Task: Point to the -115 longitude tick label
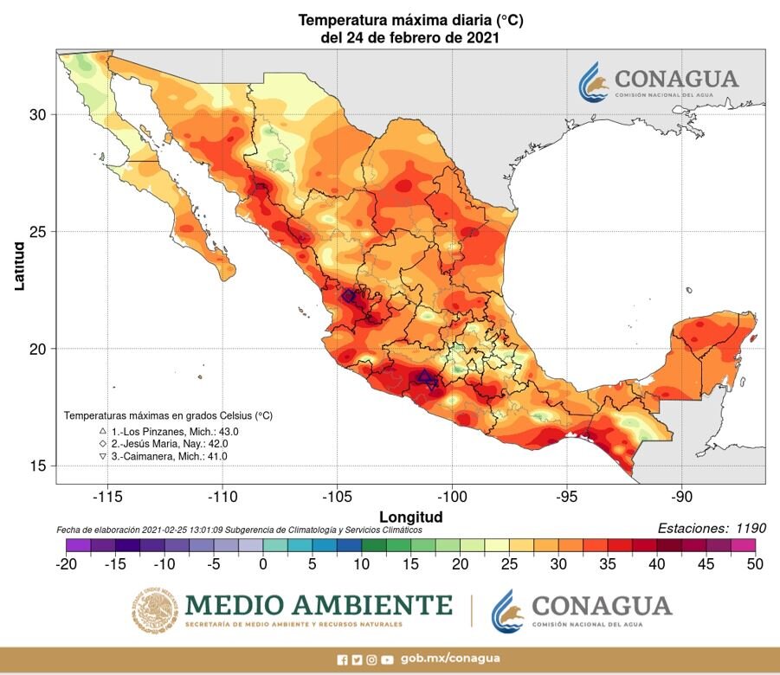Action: [x=108, y=498]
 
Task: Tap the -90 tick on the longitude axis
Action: [x=681, y=498]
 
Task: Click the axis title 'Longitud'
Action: [x=411, y=517]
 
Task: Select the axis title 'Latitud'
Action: [x=19, y=266]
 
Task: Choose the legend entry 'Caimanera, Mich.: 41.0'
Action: [x=171, y=456]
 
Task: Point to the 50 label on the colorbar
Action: [x=754, y=564]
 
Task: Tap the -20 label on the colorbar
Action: [x=67, y=564]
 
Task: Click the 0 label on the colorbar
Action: [x=261, y=564]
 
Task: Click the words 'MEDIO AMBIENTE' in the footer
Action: [x=319, y=604]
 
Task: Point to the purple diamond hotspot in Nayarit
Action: [x=349, y=296]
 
